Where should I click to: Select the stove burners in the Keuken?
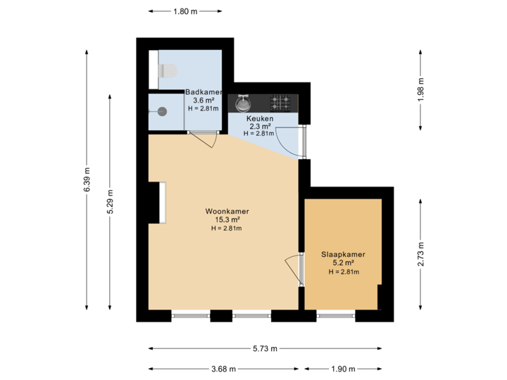(282, 103)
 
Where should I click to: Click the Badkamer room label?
(204, 92)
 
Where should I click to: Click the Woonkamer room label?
(227, 210)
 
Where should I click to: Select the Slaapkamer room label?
(343, 255)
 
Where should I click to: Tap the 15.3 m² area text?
(227, 220)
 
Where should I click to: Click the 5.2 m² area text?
(343, 263)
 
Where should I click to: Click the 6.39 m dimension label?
(87, 179)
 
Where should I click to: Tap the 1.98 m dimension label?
(420, 90)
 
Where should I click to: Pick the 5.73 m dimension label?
(265, 348)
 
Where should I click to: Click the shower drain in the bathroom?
(162, 110)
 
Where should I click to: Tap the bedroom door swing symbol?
(292, 268)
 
